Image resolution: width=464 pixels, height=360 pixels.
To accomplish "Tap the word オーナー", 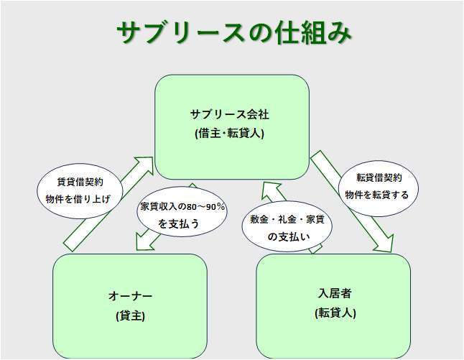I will (x=130, y=296).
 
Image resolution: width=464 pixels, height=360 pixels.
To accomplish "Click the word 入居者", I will (x=335, y=294).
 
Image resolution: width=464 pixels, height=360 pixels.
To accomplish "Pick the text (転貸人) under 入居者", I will (x=335, y=313).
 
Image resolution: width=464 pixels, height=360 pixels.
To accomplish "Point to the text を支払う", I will (x=180, y=223).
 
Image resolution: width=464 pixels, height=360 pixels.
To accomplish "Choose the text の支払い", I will (x=287, y=236).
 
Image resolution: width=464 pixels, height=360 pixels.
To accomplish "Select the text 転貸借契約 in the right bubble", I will (x=379, y=177).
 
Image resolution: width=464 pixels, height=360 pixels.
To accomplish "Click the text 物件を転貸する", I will (x=377, y=194).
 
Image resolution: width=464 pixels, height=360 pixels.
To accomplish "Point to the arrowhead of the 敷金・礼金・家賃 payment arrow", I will (x=271, y=190).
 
